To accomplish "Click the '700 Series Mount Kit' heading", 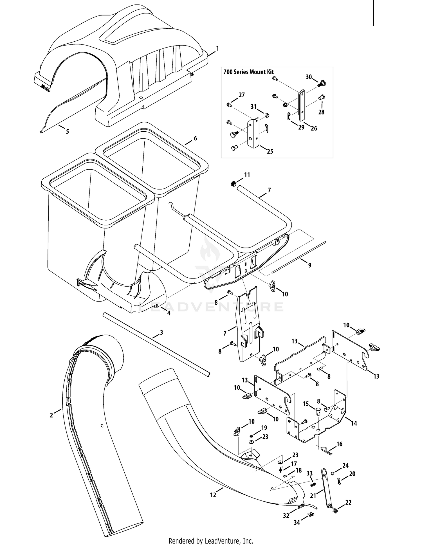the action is pyautogui.click(x=248, y=72).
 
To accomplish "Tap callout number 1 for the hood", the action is pyautogui.click(x=217, y=48).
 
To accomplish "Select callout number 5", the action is pyautogui.click(x=67, y=131).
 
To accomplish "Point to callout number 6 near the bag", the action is pyautogui.click(x=195, y=138).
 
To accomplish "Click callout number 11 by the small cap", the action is pyautogui.click(x=247, y=175).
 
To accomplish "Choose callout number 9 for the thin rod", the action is pyautogui.click(x=310, y=265).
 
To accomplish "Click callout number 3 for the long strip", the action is pyautogui.click(x=161, y=332).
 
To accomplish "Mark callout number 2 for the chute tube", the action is pyautogui.click(x=51, y=415).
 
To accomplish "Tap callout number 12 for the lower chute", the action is pyautogui.click(x=213, y=495).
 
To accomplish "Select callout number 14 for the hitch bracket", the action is pyautogui.click(x=354, y=423).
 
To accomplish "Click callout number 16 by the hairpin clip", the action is pyautogui.click(x=339, y=444).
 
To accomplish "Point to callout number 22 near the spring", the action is pyautogui.click(x=348, y=502).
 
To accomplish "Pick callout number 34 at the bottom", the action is pyautogui.click(x=297, y=522).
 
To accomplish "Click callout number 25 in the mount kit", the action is pyautogui.click(x=270, y=151).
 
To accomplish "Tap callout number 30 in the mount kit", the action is pyautogui.click(x=309, y=77).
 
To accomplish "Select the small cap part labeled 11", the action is pyautogui.click(x=233, y=184).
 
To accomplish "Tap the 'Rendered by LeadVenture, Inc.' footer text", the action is pyautogui.click(x=211, y=540).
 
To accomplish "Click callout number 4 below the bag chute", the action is pyautogui.click(x=169, y=313).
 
